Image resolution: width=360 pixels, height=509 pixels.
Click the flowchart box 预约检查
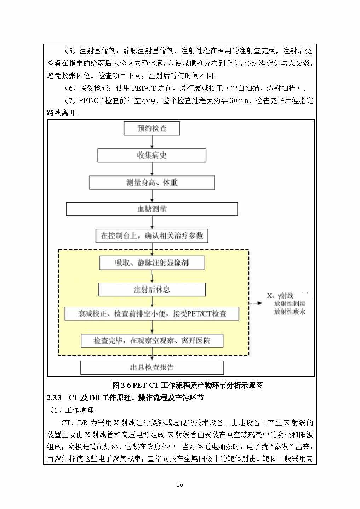[x=152, y=128]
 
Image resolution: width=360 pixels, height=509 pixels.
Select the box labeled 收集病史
[x=152, y=155]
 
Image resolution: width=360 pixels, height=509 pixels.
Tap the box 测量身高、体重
[x=152, y=183]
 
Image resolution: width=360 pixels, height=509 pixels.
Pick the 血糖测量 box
[x=152, y=209]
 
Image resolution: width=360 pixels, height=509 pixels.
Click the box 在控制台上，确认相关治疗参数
[x=152, y=236]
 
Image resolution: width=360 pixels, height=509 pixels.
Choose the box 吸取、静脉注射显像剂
[x=152, y=263]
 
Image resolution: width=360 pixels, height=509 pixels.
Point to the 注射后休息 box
[x=152, y=290]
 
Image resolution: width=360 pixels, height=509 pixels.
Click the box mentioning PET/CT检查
[x=152, y=314]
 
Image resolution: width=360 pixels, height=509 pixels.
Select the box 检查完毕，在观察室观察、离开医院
[x=152, y=341]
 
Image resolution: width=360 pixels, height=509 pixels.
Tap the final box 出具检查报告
[x=152, y=368]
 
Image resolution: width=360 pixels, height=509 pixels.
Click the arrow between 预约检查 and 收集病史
[x=152, y=142]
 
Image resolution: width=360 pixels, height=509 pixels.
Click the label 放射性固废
[x=290, y=303]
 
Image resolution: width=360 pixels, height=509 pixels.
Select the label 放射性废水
[x=290, y=312]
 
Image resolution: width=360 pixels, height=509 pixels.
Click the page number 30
[x=179, y=485]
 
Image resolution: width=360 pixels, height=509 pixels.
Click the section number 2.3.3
[x=54, y=398]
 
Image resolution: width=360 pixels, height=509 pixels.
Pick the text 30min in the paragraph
[x=239, y=101]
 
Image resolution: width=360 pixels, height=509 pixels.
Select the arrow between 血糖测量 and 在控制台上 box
[x=152, y=222]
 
